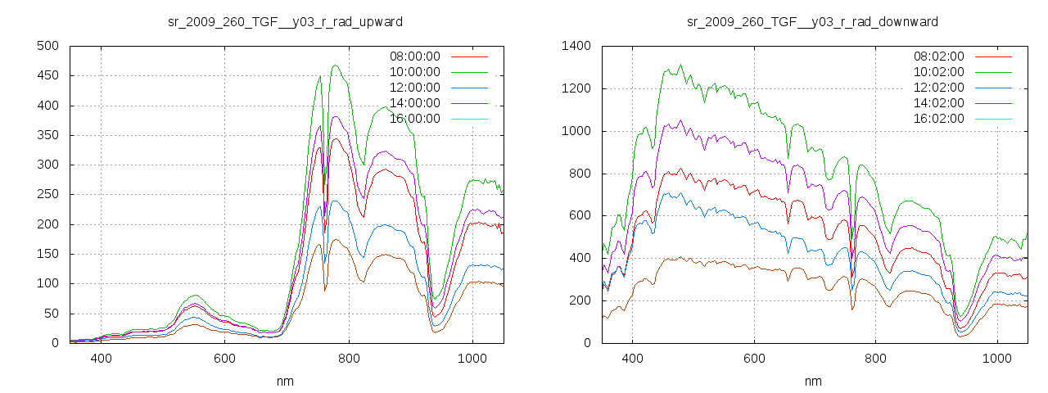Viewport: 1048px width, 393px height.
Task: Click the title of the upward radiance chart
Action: coord(285,21)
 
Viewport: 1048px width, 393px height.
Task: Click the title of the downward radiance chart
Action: coord(812,21)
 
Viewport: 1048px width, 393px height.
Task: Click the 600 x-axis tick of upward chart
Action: coord(225,359)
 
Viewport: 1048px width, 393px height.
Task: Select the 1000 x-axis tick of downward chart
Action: coord(997,359)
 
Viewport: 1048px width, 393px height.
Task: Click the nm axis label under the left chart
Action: coord(286,381)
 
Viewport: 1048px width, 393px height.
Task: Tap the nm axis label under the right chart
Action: coord(813,381)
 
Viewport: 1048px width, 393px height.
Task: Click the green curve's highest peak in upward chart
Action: coord(336,65)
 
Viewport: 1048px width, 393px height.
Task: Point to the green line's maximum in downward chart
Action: coord(680,65)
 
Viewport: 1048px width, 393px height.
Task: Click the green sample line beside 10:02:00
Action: coord(994,72)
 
